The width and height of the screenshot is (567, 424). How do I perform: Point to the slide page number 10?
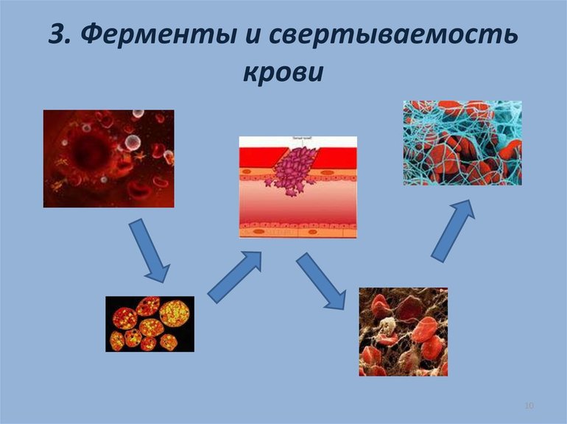pos(528,406)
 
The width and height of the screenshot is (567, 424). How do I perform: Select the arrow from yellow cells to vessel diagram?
pos(234,276)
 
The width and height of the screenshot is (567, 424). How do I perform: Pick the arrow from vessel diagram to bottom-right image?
pos(321,281)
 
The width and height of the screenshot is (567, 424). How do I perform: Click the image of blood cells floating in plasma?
pos(108,158)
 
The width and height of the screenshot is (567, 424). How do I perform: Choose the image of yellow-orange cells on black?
pos(149,323)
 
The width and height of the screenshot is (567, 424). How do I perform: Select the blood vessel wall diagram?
pos(297,187)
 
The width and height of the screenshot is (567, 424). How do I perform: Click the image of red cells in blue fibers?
pos(462,143)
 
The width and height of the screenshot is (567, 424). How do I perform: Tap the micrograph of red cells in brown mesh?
pos(403,331)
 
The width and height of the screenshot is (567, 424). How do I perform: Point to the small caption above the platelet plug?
pos(297,140)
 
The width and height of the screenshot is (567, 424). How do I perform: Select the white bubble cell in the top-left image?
pos(130,143)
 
